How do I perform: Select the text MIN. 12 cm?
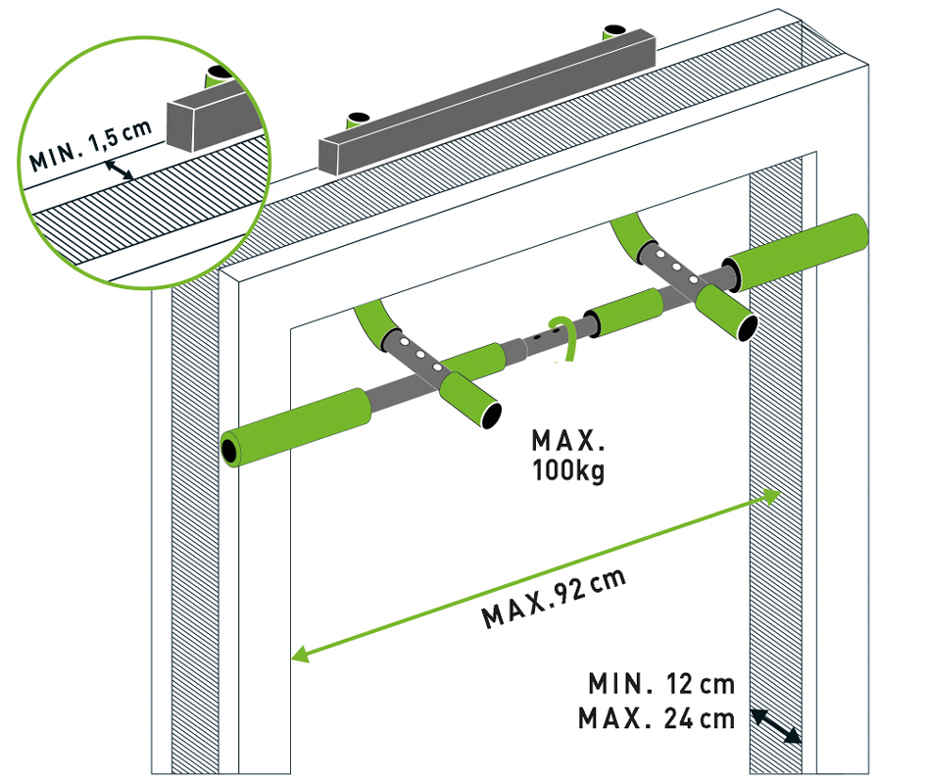661,683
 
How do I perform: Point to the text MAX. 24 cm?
656,718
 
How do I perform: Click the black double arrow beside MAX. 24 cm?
776,727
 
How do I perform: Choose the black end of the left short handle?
487,414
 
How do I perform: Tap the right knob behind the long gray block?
615,30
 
